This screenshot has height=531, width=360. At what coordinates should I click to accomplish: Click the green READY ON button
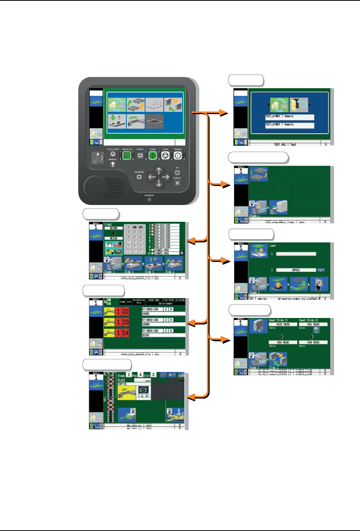click(x=127, y=155)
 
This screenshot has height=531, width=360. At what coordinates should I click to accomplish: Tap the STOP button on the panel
click(x=165, y=155)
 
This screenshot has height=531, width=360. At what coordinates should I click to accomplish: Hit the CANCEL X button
click(x=177, y=183)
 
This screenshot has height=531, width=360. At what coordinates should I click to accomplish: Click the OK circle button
click(x=177, y=173)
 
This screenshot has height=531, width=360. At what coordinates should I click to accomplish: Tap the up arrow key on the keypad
click(x=159, y=170)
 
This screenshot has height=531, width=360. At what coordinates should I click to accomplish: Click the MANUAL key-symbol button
click(x=113, y=165)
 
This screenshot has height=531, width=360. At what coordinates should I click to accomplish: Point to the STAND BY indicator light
click(x=149, y=199)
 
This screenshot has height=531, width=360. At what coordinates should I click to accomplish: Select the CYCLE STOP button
click(x=113, y=154)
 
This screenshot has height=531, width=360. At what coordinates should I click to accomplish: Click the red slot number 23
click(x=126, y=322)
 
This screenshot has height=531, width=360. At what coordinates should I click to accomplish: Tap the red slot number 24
click(x=126, y=333)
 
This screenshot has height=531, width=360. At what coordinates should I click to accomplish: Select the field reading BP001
click(x=296, y=270)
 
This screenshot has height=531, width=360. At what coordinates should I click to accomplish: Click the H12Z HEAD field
click(x=283, y=324)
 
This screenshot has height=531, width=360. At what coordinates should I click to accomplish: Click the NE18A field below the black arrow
click(x=113, y=238)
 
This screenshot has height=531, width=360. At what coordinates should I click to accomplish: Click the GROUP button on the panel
click(x=140, y=155)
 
